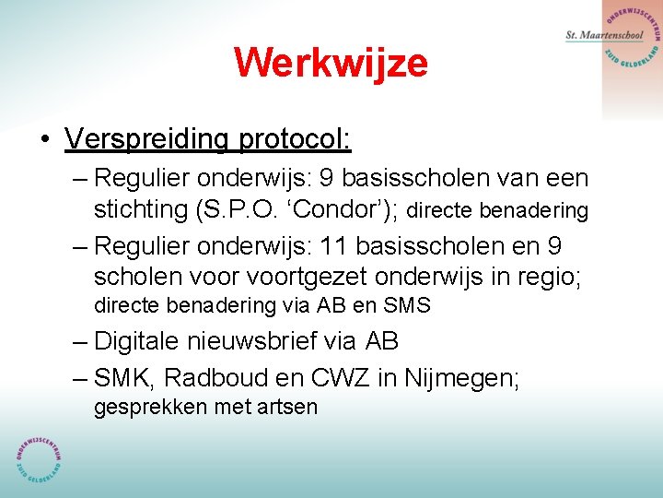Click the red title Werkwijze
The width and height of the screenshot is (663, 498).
[331, 63]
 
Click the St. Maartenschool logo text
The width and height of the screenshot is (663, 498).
[604, 35]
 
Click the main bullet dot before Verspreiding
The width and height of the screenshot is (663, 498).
[44, 139]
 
